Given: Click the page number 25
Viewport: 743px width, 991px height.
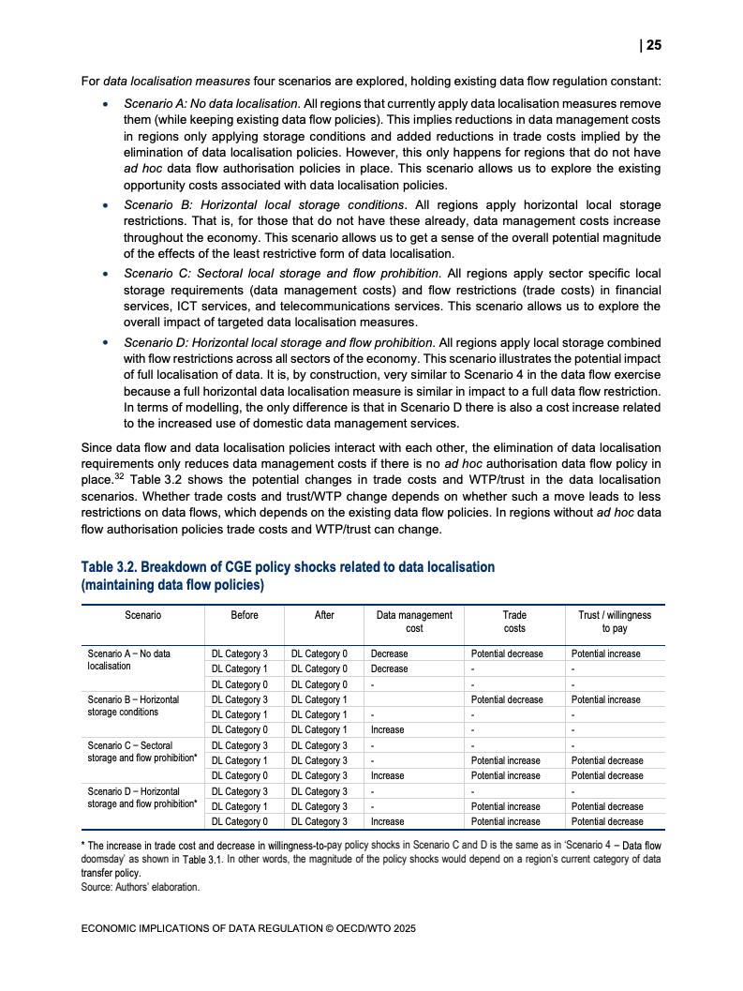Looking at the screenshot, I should pyautogui.click(x=653, y=45).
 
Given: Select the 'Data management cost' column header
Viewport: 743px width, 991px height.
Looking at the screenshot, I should pyautogui.click(x=414, y=622).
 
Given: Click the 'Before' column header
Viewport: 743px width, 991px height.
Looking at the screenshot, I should pyautogui.click(x=245, y=615).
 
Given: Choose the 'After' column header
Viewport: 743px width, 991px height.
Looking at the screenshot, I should pyautogui.click(x=324, y=615).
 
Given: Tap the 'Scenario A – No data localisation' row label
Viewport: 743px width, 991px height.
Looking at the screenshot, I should pyautogui.click(x=129, y=659).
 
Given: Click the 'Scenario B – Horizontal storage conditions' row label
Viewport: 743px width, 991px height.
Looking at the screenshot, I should pyautogui.click(x=133, y=705).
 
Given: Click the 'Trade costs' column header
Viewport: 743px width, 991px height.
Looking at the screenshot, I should pyautogui.click(x=514, y=622).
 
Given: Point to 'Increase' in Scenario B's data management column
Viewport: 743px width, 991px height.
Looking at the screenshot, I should pyautogui.click(x=388, y=729).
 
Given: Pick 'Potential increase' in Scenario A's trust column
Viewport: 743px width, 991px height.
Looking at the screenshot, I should pyautogui.click(x=606, y=653).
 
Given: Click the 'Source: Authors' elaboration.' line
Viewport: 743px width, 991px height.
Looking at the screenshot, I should pyautogui.click(x=141, y=886).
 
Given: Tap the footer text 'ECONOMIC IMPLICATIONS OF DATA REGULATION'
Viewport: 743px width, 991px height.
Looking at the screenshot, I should pyautogui.click(x=201, y=929).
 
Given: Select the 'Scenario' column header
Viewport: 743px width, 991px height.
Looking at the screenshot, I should pyautogui.click(x=142, y=615).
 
